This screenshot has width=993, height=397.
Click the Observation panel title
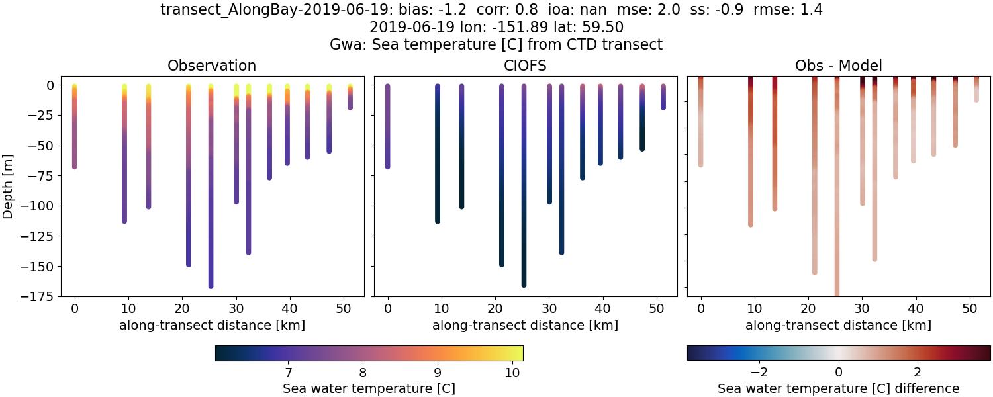[212, 66]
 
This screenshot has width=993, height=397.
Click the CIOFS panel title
[526, 66]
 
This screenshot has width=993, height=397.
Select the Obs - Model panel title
[838, 66]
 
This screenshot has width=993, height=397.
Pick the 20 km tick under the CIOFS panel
[495, 308]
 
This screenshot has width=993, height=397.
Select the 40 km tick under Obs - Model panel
[916, 308]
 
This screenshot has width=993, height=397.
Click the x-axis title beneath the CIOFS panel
[526, 325]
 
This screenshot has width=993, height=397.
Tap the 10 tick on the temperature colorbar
[512, 373]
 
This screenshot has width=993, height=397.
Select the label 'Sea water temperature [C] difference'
[838, 388]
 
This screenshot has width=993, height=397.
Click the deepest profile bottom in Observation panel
[211, 285]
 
